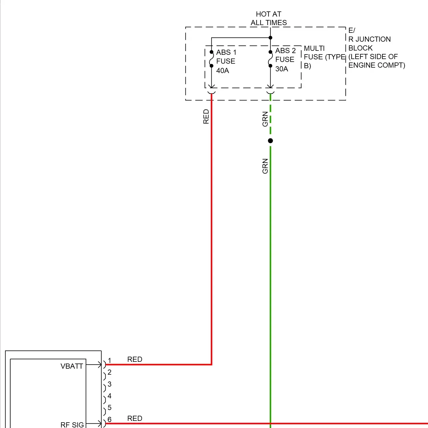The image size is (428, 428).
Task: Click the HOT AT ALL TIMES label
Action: [268, 18]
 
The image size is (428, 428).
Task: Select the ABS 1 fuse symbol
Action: [211, 59]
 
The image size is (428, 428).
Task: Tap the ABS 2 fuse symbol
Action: [270, 59]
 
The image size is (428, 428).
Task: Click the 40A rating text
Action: [223, 70]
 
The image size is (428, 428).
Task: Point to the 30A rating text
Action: [282, 69]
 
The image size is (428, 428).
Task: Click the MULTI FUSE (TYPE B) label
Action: [324, 57]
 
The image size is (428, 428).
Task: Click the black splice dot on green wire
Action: [270, 141]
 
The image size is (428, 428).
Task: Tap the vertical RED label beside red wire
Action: [206, 116]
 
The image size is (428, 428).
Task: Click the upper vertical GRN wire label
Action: [265, 119]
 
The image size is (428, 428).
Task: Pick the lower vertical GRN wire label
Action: [265, 166]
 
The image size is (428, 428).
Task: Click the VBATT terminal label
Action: [72, 366]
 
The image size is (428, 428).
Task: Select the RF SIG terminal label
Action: [72, 425]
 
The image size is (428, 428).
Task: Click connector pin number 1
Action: [109, 361]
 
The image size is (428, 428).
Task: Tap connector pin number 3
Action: [109, 384]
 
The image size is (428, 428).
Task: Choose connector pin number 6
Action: [109, 419]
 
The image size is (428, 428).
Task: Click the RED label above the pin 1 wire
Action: [135, 359]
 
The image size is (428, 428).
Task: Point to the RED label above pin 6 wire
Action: [135, 418]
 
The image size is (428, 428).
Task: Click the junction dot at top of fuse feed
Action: [270, 38]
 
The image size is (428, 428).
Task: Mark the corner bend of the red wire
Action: [211, 364]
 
